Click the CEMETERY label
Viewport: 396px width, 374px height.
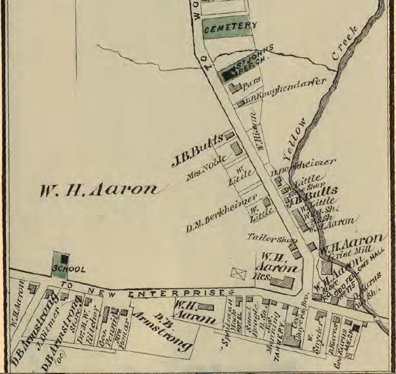pyautogui.click(x=230, y=27)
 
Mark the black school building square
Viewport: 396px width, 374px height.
pyautogui.click(x=64, y=259)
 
